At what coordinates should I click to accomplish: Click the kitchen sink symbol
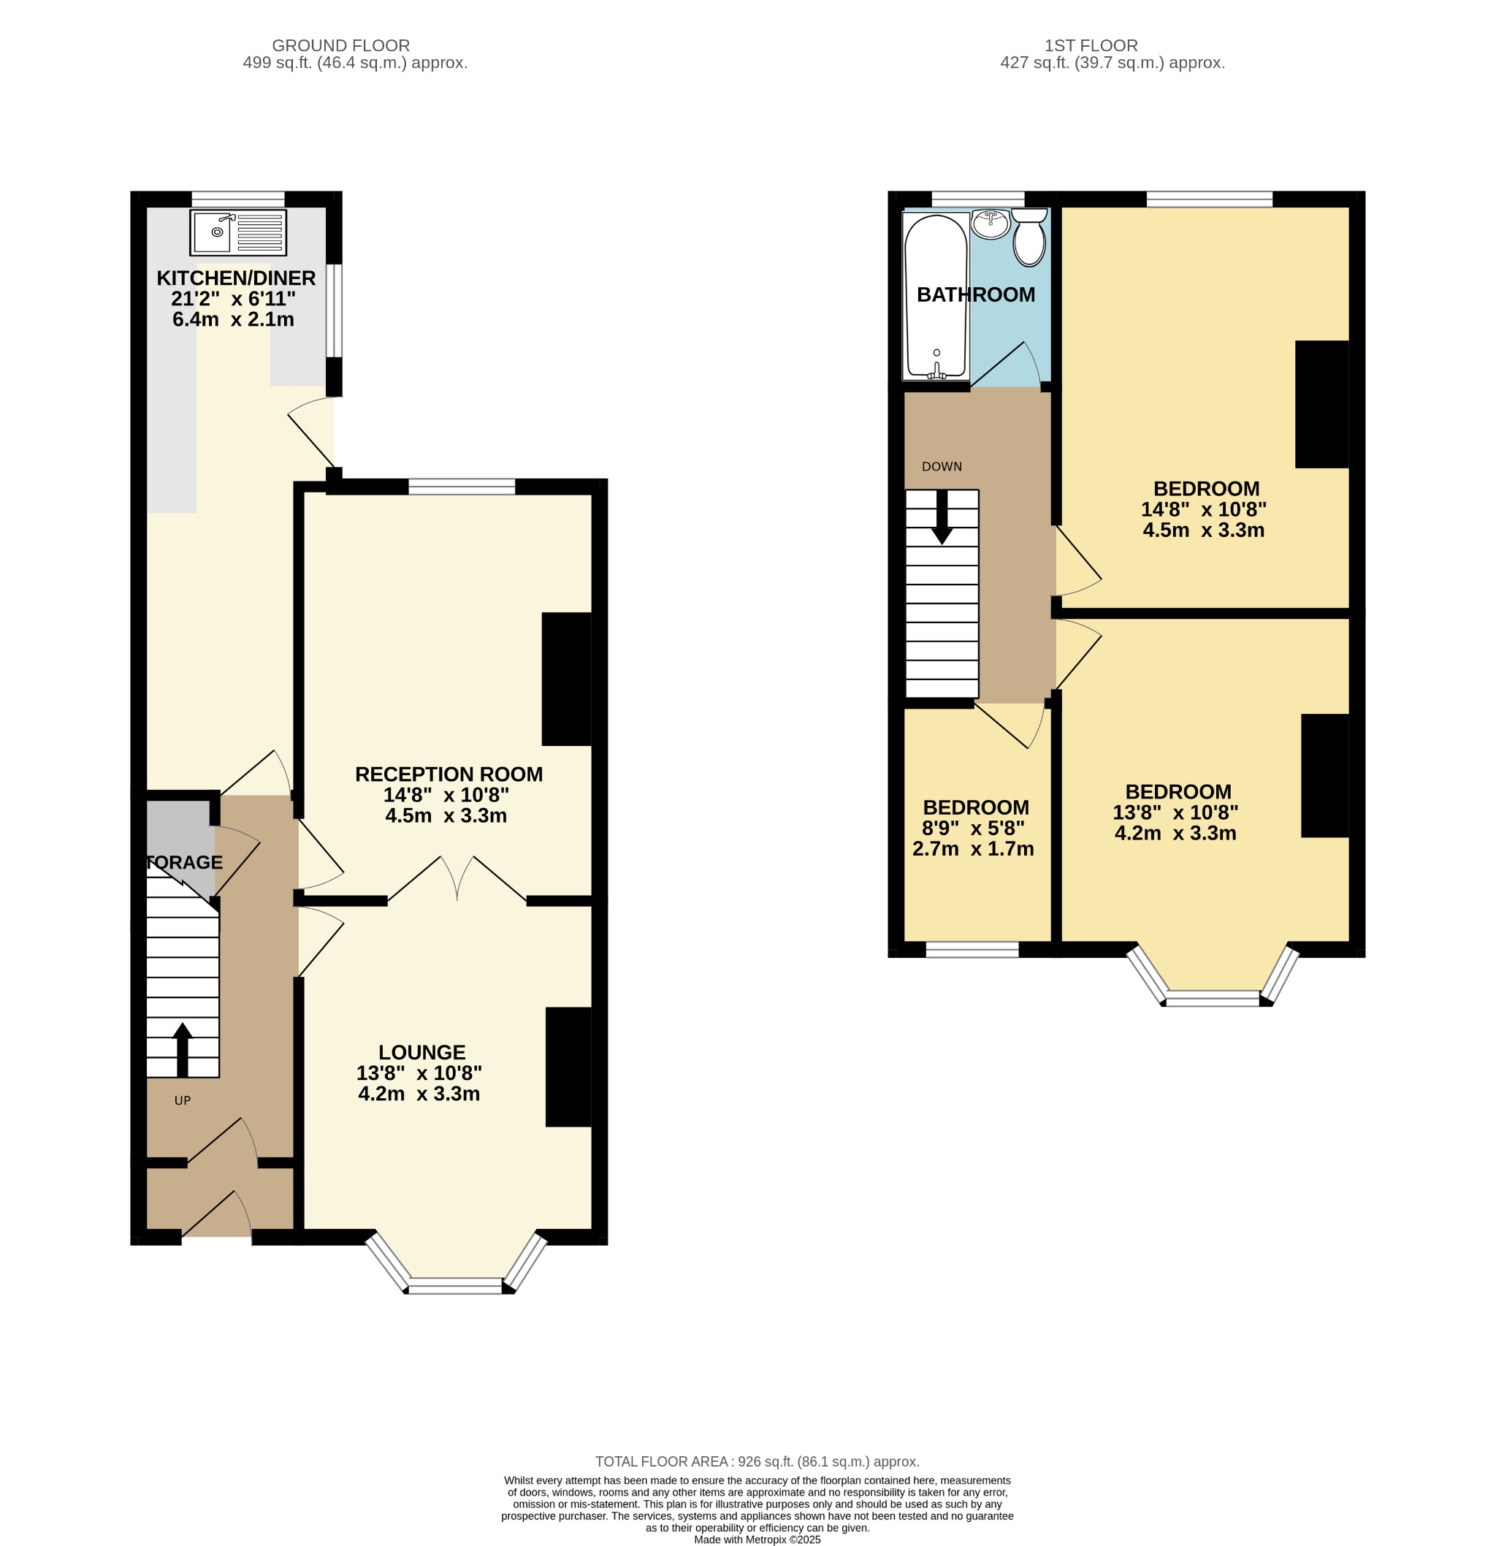click(x=237, y=232)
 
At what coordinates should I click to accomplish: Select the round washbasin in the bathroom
click(x=991, y=224)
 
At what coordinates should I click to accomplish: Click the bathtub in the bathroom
click(x=935, y=296)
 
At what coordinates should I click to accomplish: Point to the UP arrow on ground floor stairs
click(x=182, y=1048)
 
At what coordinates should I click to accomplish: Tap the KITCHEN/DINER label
click(x=236, y=278)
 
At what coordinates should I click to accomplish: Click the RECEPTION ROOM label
click(x=448, y=774)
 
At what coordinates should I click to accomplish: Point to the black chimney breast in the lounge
click(x=568, y=1067)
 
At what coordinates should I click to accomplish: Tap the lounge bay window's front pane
click(x=455, y=1286)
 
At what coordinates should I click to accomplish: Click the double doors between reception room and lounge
click(x=457, y=880)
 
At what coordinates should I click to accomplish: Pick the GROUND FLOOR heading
click(x=340, y=46)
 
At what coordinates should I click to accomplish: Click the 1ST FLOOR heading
click(x=1091, y=46)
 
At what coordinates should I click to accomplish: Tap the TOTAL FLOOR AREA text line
click(x=756, y=1461)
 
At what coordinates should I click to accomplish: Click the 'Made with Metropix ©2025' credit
click(x=756, y=1539)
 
